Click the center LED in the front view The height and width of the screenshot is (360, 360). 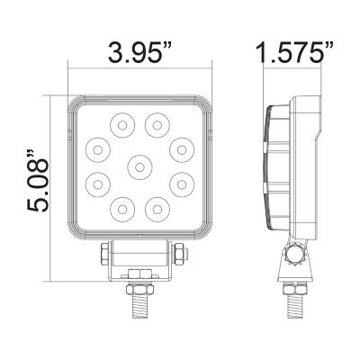pos(139,165)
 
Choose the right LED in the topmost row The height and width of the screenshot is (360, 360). pos(158,122)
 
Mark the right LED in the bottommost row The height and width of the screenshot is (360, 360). pos(158,208)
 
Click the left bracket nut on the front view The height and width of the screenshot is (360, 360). pos(106,253)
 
